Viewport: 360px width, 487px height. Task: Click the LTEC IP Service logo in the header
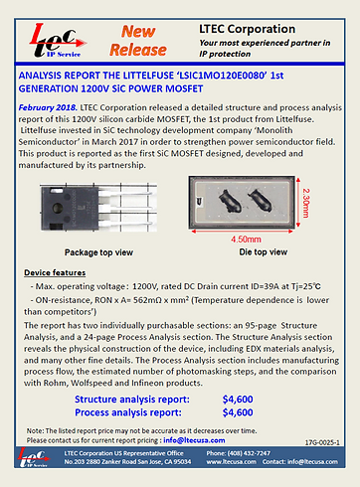(x=56, y=38)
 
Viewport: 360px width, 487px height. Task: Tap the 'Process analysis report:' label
(x=140, y=411)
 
